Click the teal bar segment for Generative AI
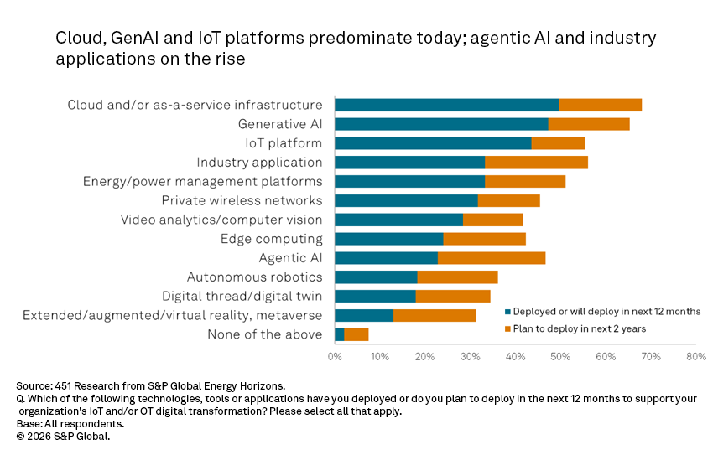tap(441, 124)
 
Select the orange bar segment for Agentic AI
tap(492, 258)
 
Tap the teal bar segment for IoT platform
tap(433, 143)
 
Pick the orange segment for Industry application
tap(536, 163)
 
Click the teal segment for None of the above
tap(340, 334)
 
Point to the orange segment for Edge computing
tap(484, 239)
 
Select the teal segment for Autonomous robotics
tap(376, 277)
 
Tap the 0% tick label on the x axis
tap(335, 357)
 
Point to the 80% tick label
tap(695, 357)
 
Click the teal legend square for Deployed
tap(507, 312)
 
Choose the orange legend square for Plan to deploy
tap(507, 328)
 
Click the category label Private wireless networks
tap(242, 201)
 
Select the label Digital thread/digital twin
tap(242, 297)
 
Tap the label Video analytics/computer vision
tap(221, 220)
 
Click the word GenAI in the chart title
tap(125, 39)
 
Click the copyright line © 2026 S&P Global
tap(63, 436)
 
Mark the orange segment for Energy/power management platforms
tap(525, 182)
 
